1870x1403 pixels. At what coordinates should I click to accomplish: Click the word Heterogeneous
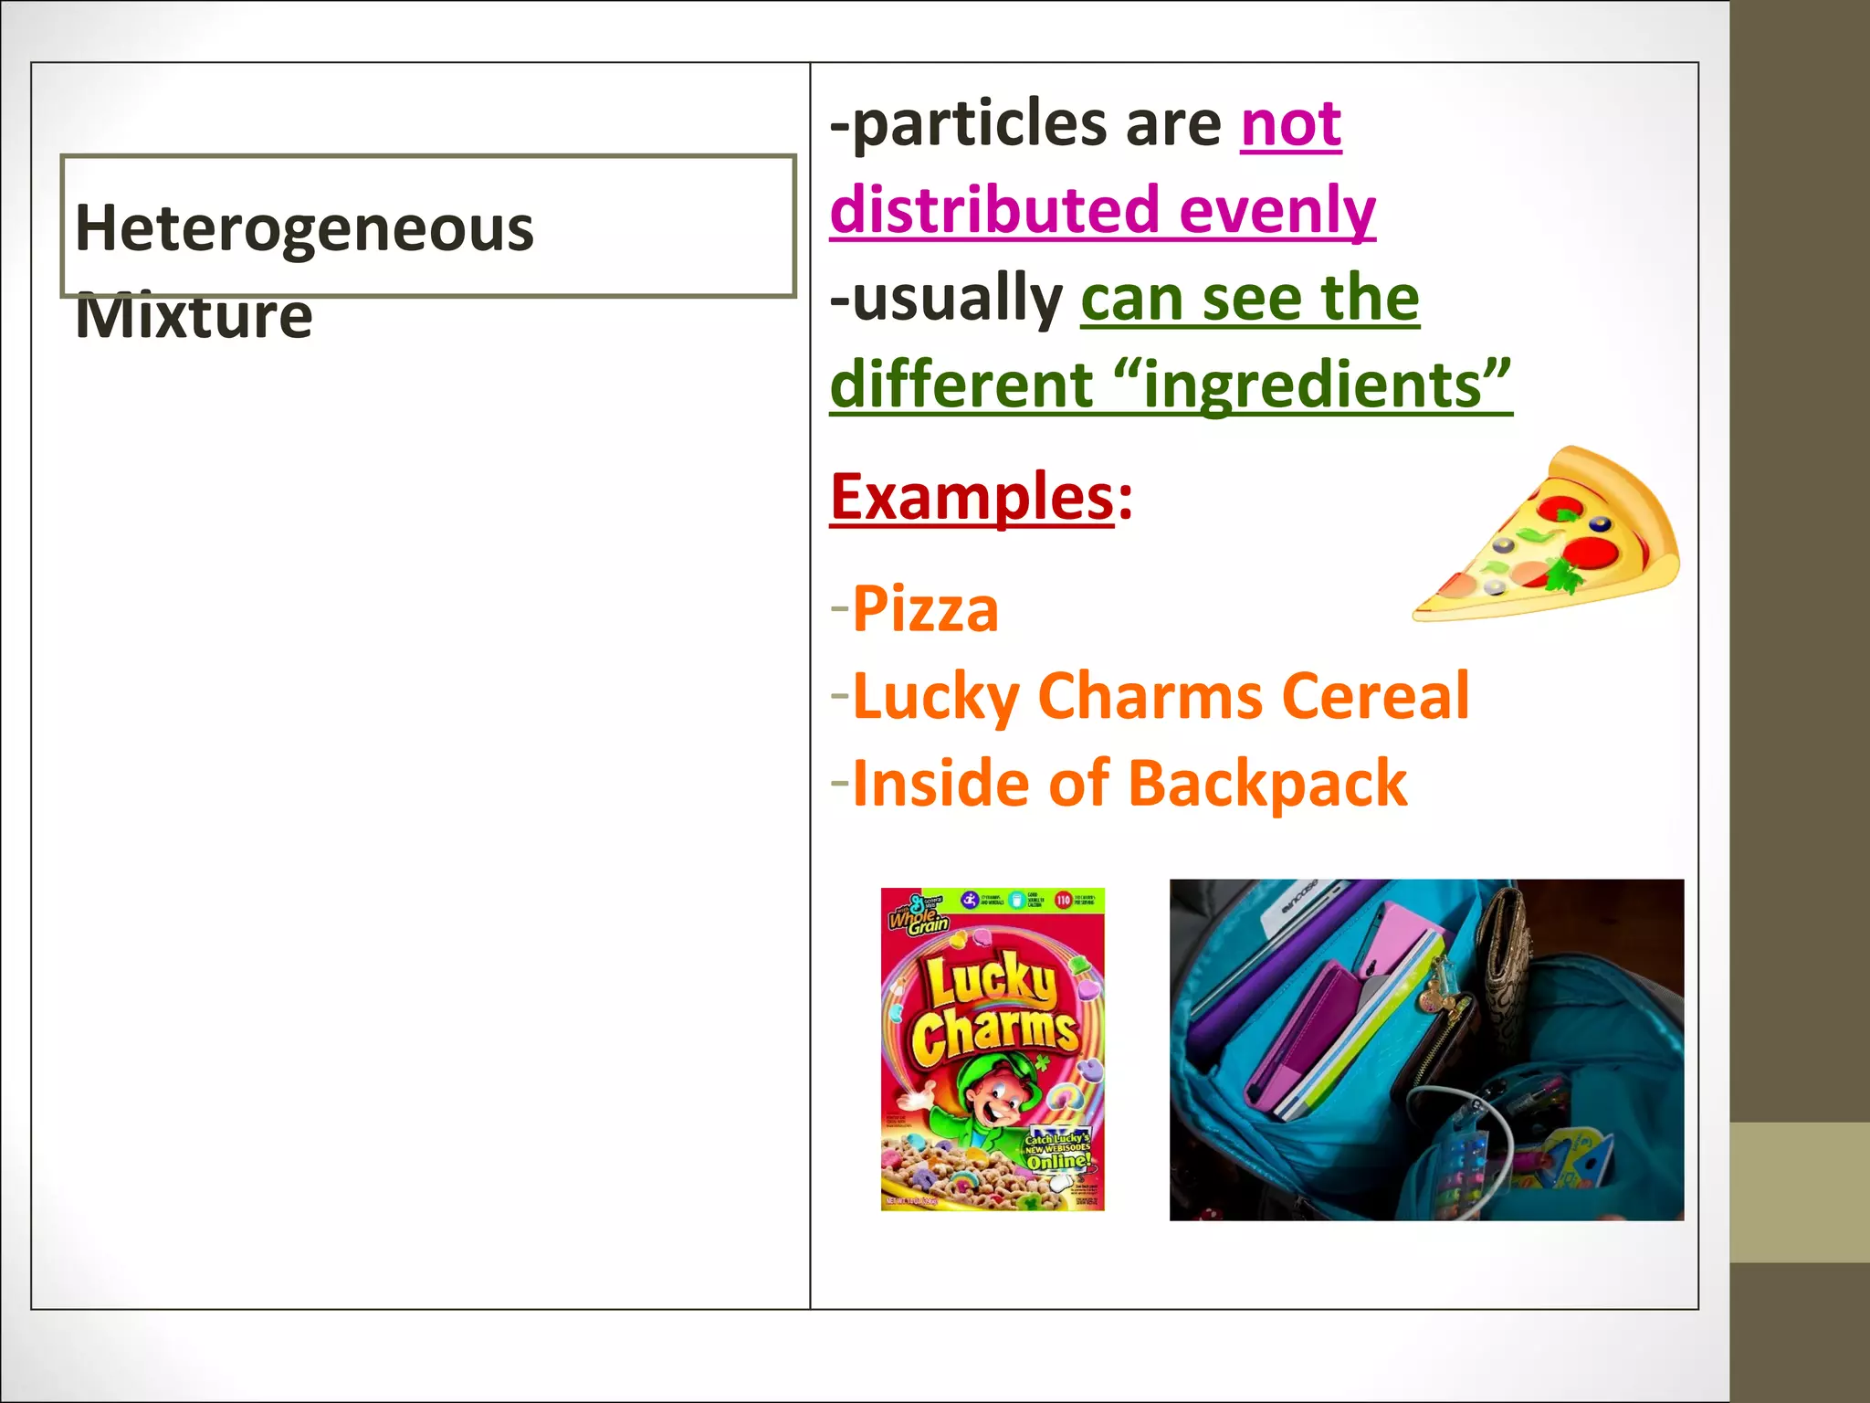304,228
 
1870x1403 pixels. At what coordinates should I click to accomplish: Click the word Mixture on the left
194,316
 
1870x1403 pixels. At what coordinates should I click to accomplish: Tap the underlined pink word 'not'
1290,124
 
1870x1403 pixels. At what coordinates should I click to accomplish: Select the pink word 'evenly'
1276,211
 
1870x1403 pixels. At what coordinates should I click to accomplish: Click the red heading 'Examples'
972,497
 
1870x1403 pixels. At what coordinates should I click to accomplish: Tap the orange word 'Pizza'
925,609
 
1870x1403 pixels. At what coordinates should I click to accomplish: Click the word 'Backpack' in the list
1267,784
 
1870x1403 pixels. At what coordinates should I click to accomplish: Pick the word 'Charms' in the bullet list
1150,697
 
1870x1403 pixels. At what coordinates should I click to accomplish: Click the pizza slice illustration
1552,539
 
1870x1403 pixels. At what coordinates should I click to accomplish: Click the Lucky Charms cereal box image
993,1049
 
